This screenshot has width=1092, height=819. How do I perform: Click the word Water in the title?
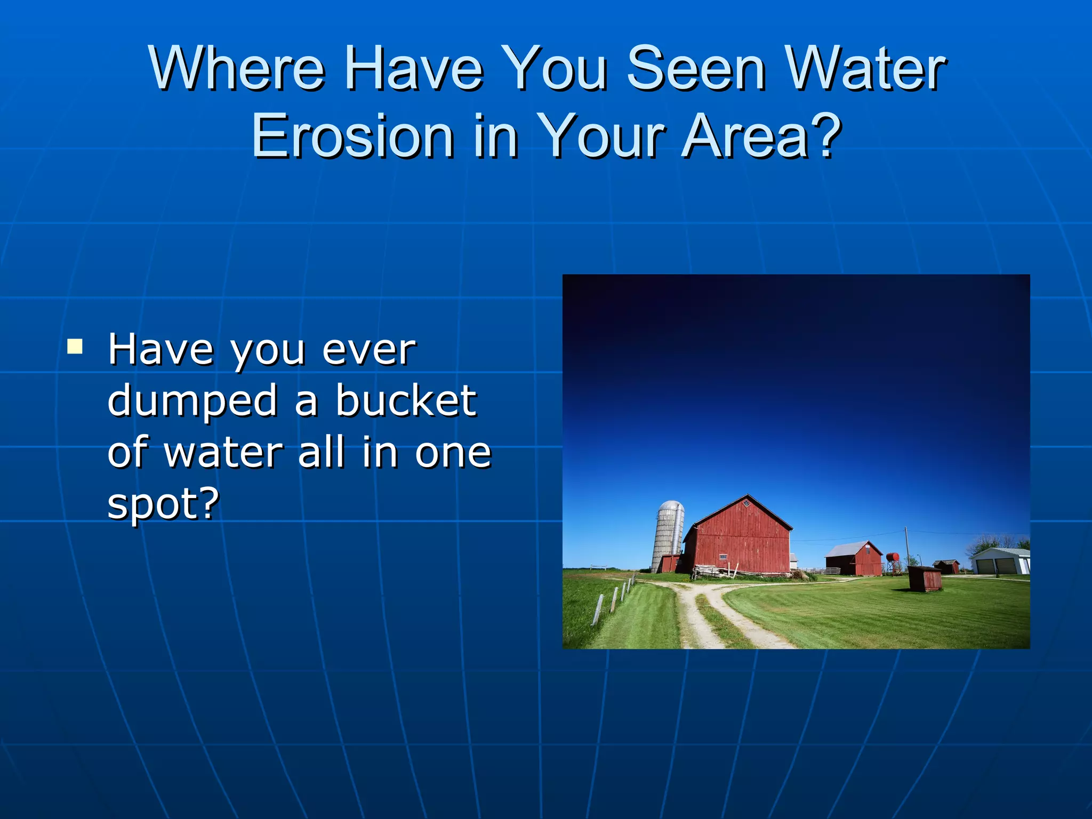click(864, 69)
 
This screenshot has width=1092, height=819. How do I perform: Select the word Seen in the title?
click(696, 69)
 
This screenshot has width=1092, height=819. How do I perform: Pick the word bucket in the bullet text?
click(406, 401)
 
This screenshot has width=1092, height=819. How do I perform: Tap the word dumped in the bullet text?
click(192, 401)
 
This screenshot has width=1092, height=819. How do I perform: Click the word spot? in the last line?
click(163, 504)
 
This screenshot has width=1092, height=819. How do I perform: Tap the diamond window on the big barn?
click(747, 503)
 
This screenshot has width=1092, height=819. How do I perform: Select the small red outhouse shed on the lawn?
click(925, 579)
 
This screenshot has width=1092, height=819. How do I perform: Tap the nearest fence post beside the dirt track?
click(598, 609)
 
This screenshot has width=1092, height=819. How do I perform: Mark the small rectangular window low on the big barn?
click(723, 557)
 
